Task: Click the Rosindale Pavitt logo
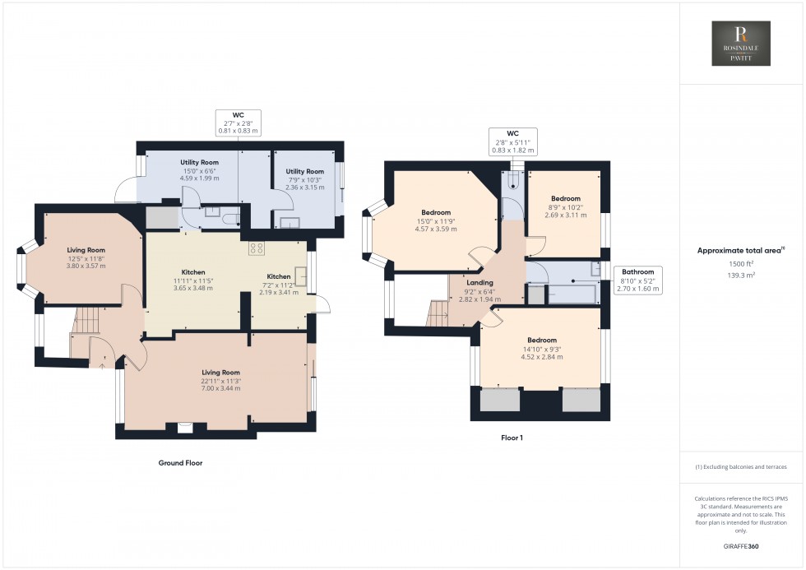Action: click(x=742, y=43)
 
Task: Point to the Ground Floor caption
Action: click(x=180, y=463)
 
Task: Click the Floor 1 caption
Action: click(x=512, y=438)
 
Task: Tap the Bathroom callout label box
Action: click(x=637, y=279)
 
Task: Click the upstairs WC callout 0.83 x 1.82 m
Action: click(x=511, y=141)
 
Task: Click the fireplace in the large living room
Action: click(x=185, y=426)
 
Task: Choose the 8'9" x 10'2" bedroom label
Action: click(x=566, y=206)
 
